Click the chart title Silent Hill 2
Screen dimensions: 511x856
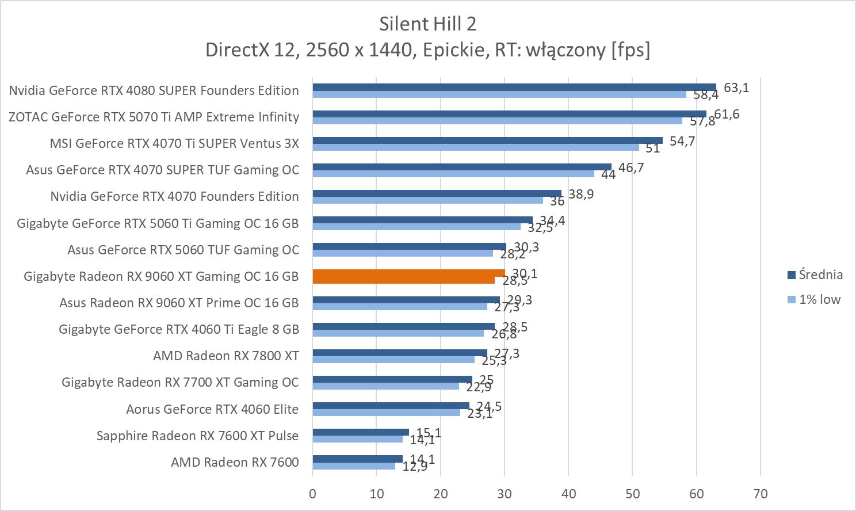(x=427, y=24)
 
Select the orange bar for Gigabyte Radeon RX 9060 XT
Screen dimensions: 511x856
(x=408, y=276)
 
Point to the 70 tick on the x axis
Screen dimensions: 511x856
(x=760, y=494)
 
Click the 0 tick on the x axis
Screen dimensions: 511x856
(x=312, y=494)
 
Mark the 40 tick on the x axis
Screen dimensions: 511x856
(x=568, y=494)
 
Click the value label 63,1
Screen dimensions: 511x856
(x=736, y=87)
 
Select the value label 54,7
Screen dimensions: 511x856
(x=682, y=141)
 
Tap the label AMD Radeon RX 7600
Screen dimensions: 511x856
(x=235, y=462)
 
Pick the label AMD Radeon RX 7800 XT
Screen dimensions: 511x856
(x=226, y=356)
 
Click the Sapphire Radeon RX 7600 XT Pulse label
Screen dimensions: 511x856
(x=197, y=436)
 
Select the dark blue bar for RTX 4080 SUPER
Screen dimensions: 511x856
(x=514, y=87)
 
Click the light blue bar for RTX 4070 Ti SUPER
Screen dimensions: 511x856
(x=475, y=147)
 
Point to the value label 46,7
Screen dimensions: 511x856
(x=631, y=167)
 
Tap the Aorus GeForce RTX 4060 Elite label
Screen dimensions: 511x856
(x=212, y=409)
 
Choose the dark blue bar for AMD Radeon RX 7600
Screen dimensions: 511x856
(x=357, y=459)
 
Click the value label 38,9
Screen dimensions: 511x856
(x=581, y=194)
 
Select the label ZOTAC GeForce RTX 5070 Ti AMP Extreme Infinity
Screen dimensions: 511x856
(x=154, y=117)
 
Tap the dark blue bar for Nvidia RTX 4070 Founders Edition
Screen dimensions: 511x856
(x=437, y=193)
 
